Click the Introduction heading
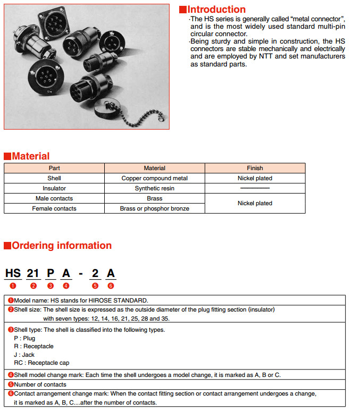click(216, 10)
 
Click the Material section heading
click(30, 156)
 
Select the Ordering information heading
click(61, 246)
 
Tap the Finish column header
click(255, 168)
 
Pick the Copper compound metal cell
click(154, 178)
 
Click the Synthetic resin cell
click(154, 188)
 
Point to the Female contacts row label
click(54, 208)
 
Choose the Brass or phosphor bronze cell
click(154, 208)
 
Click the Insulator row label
click(54, 188)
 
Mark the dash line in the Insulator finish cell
click(255, 188)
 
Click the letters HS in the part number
click(13, 273)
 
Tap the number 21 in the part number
click(33, 273)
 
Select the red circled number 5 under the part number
click(95, 286)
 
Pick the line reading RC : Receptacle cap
click(40, 363)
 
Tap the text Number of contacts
click(40, 384)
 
